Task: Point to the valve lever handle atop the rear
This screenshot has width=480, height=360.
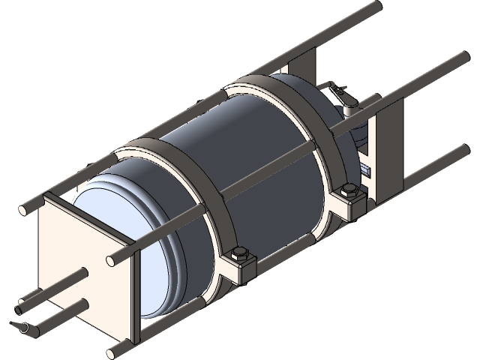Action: tap(341, 94)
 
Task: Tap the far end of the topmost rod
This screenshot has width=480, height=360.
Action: tap(370, 8)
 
